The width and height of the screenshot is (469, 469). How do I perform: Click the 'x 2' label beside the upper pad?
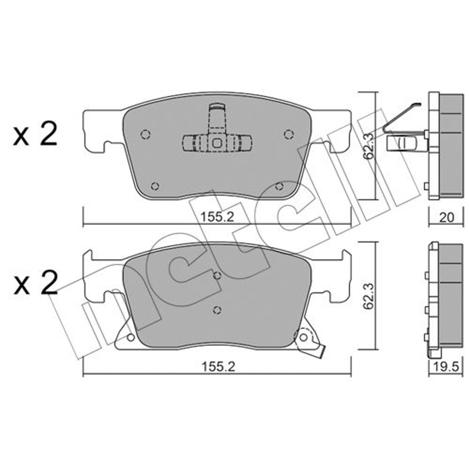[35, 135]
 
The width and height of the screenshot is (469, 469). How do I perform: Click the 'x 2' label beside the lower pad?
[35, 283]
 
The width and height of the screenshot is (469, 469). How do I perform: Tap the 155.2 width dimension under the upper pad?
[217, 217]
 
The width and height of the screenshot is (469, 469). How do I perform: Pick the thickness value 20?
[446, 218]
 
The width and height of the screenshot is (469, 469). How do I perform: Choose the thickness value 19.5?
[446, 367]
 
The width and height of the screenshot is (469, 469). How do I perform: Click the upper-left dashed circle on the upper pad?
[145, 135]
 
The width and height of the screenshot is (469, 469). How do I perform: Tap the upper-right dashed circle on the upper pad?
[289, 135]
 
